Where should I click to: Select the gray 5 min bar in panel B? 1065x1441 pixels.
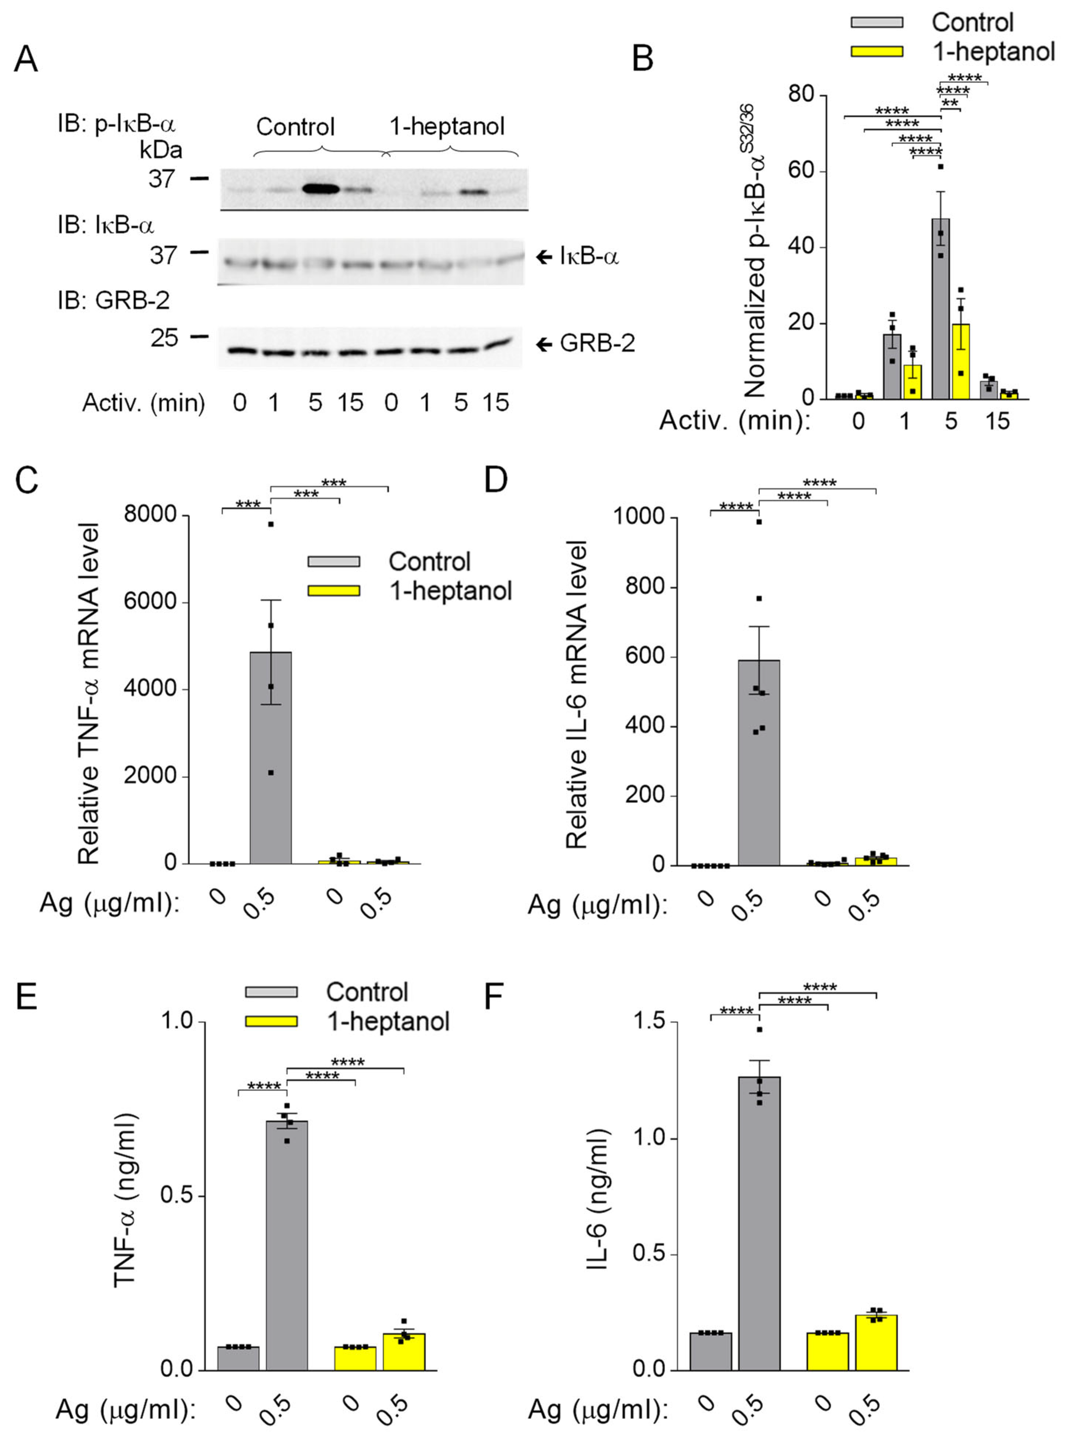941,310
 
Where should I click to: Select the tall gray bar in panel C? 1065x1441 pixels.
271,757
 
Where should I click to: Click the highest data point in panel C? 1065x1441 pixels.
271,524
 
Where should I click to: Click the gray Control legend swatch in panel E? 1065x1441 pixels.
271,992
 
